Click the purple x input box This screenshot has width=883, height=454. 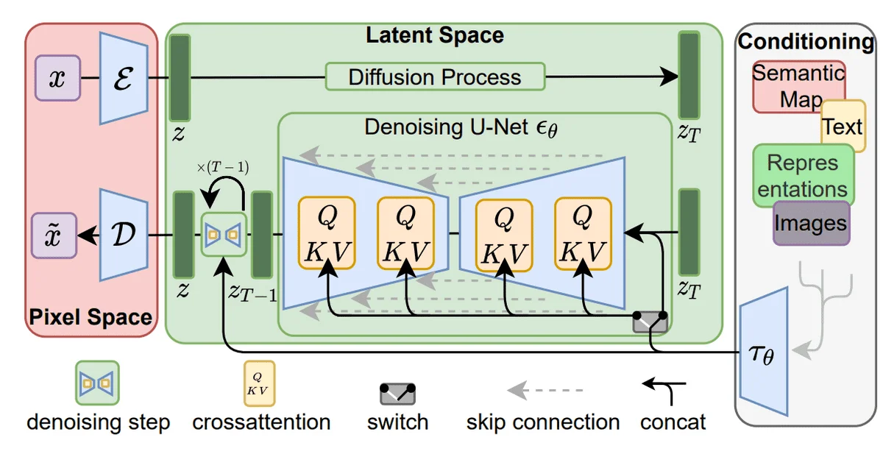click(57, 79)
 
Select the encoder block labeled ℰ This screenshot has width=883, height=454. click(124, 79)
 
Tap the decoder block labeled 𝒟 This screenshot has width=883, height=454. click(124, 235)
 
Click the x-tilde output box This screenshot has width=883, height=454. click(57, 235)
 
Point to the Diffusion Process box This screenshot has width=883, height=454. click(434, 77)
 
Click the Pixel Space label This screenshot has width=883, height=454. click(91, 318)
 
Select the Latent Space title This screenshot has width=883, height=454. click(435, 35)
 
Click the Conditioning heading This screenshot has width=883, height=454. click(806, 41)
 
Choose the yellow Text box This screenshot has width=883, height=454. click(843, 126)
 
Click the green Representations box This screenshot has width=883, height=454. click(802, 175)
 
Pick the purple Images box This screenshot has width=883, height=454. click(811, 222)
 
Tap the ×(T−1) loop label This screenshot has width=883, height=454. click(222, 167)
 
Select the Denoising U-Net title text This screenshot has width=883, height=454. click(461, 127)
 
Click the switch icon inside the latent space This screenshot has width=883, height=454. click(650, 322)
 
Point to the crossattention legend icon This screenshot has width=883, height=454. click(258, 383)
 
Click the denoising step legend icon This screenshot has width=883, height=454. click(97, 383)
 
